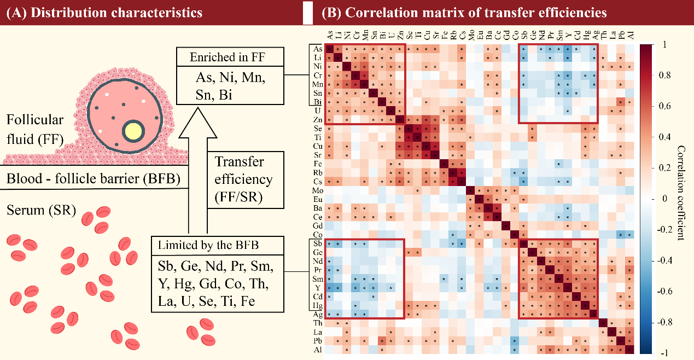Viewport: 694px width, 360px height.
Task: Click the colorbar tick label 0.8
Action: click(x=665, y=76)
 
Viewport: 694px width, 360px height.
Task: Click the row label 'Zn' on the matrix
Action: click(x=318, y=120)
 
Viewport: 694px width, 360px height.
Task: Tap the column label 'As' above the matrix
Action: click(x=330, y=36)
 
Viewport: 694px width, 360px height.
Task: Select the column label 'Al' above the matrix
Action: click(x=630, y=36)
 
